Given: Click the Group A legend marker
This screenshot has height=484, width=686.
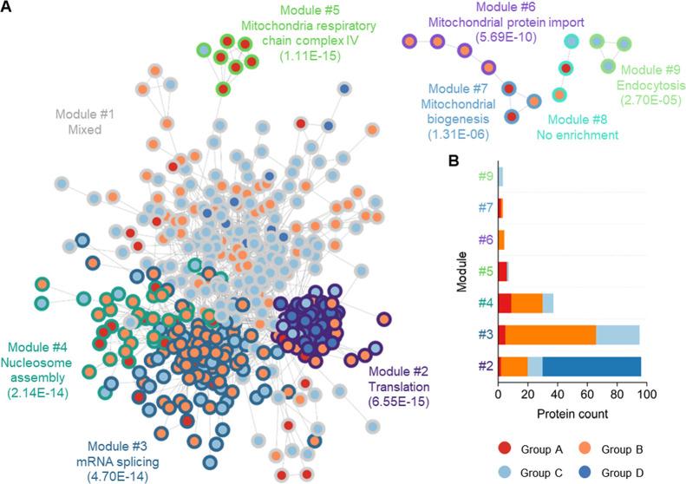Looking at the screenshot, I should pos(506,448).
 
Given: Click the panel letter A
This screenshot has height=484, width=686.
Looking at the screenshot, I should pos(9,9).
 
